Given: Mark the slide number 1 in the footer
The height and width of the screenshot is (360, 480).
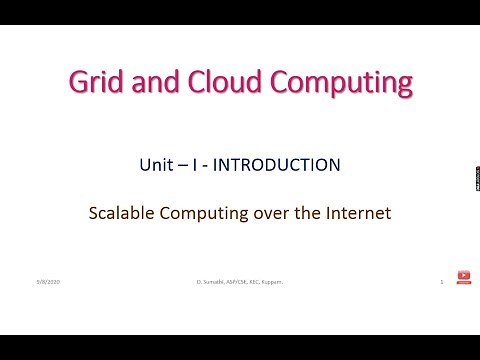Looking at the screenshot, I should (441, 283).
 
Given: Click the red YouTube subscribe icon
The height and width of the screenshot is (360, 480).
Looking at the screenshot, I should (463, 275).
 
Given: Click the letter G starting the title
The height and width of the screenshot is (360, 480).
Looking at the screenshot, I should (77, 82).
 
